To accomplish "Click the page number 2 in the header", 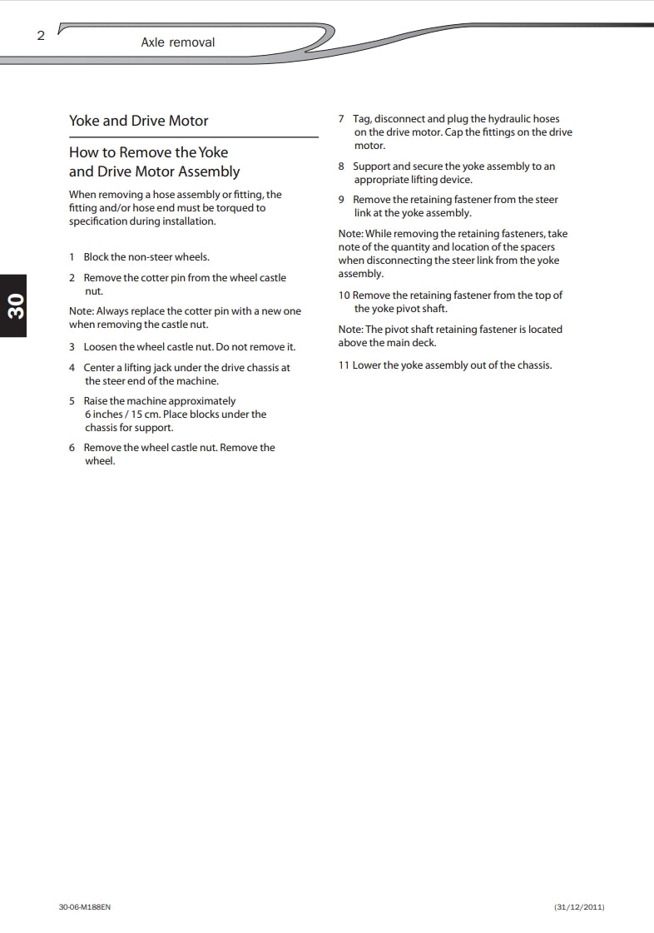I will click(41, 36).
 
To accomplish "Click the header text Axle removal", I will click(177, 42).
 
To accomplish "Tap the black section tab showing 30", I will click(15, 305).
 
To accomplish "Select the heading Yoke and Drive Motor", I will click(138, 121).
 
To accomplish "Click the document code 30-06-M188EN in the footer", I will click(84, 906).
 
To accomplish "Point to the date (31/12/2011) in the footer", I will click(579, 906).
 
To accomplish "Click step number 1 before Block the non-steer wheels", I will click(72, 257).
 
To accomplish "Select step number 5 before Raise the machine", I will click(72, 401).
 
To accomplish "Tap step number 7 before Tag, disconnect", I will click(341, 119).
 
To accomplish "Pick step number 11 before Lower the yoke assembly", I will click(344, 365).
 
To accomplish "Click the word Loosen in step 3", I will click(102, 347).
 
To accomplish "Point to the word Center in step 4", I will click(99, 368).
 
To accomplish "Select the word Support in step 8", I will click(371, 166).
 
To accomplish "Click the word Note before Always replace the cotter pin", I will click(81, 311).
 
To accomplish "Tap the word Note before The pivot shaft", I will click(349, 330).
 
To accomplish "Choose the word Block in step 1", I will click(96, 257).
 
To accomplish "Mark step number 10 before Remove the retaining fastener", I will click(344, 295).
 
